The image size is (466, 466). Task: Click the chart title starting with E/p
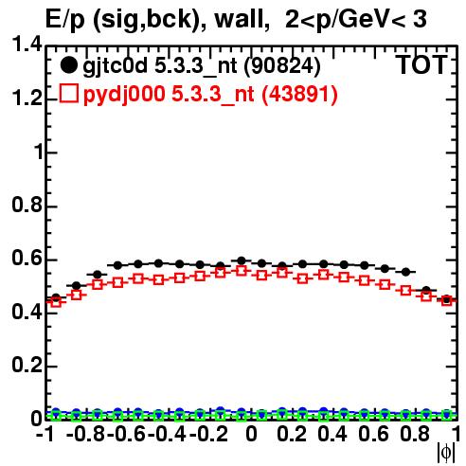(236, 20)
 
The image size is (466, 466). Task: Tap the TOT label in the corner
(421, 65)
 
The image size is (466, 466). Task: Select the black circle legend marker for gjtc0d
(68, 65)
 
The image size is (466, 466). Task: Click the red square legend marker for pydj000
(69, 93)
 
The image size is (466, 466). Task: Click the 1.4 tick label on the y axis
(27, 45)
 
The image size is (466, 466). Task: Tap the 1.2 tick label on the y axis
(27, 99)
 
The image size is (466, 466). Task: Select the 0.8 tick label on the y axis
(27, 205)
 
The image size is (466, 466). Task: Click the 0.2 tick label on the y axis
(27, 365)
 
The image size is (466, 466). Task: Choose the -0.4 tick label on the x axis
(168, 434)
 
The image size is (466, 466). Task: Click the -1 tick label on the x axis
(45, 434)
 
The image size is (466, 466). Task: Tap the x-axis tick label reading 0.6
(373, 434)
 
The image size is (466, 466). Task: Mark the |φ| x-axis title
(446, 453)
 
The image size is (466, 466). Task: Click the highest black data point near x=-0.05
(242, 260)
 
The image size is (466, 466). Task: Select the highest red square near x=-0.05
(242, 271)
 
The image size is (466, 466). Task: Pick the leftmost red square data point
(56, 302)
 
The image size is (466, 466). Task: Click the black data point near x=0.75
(405, 272)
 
